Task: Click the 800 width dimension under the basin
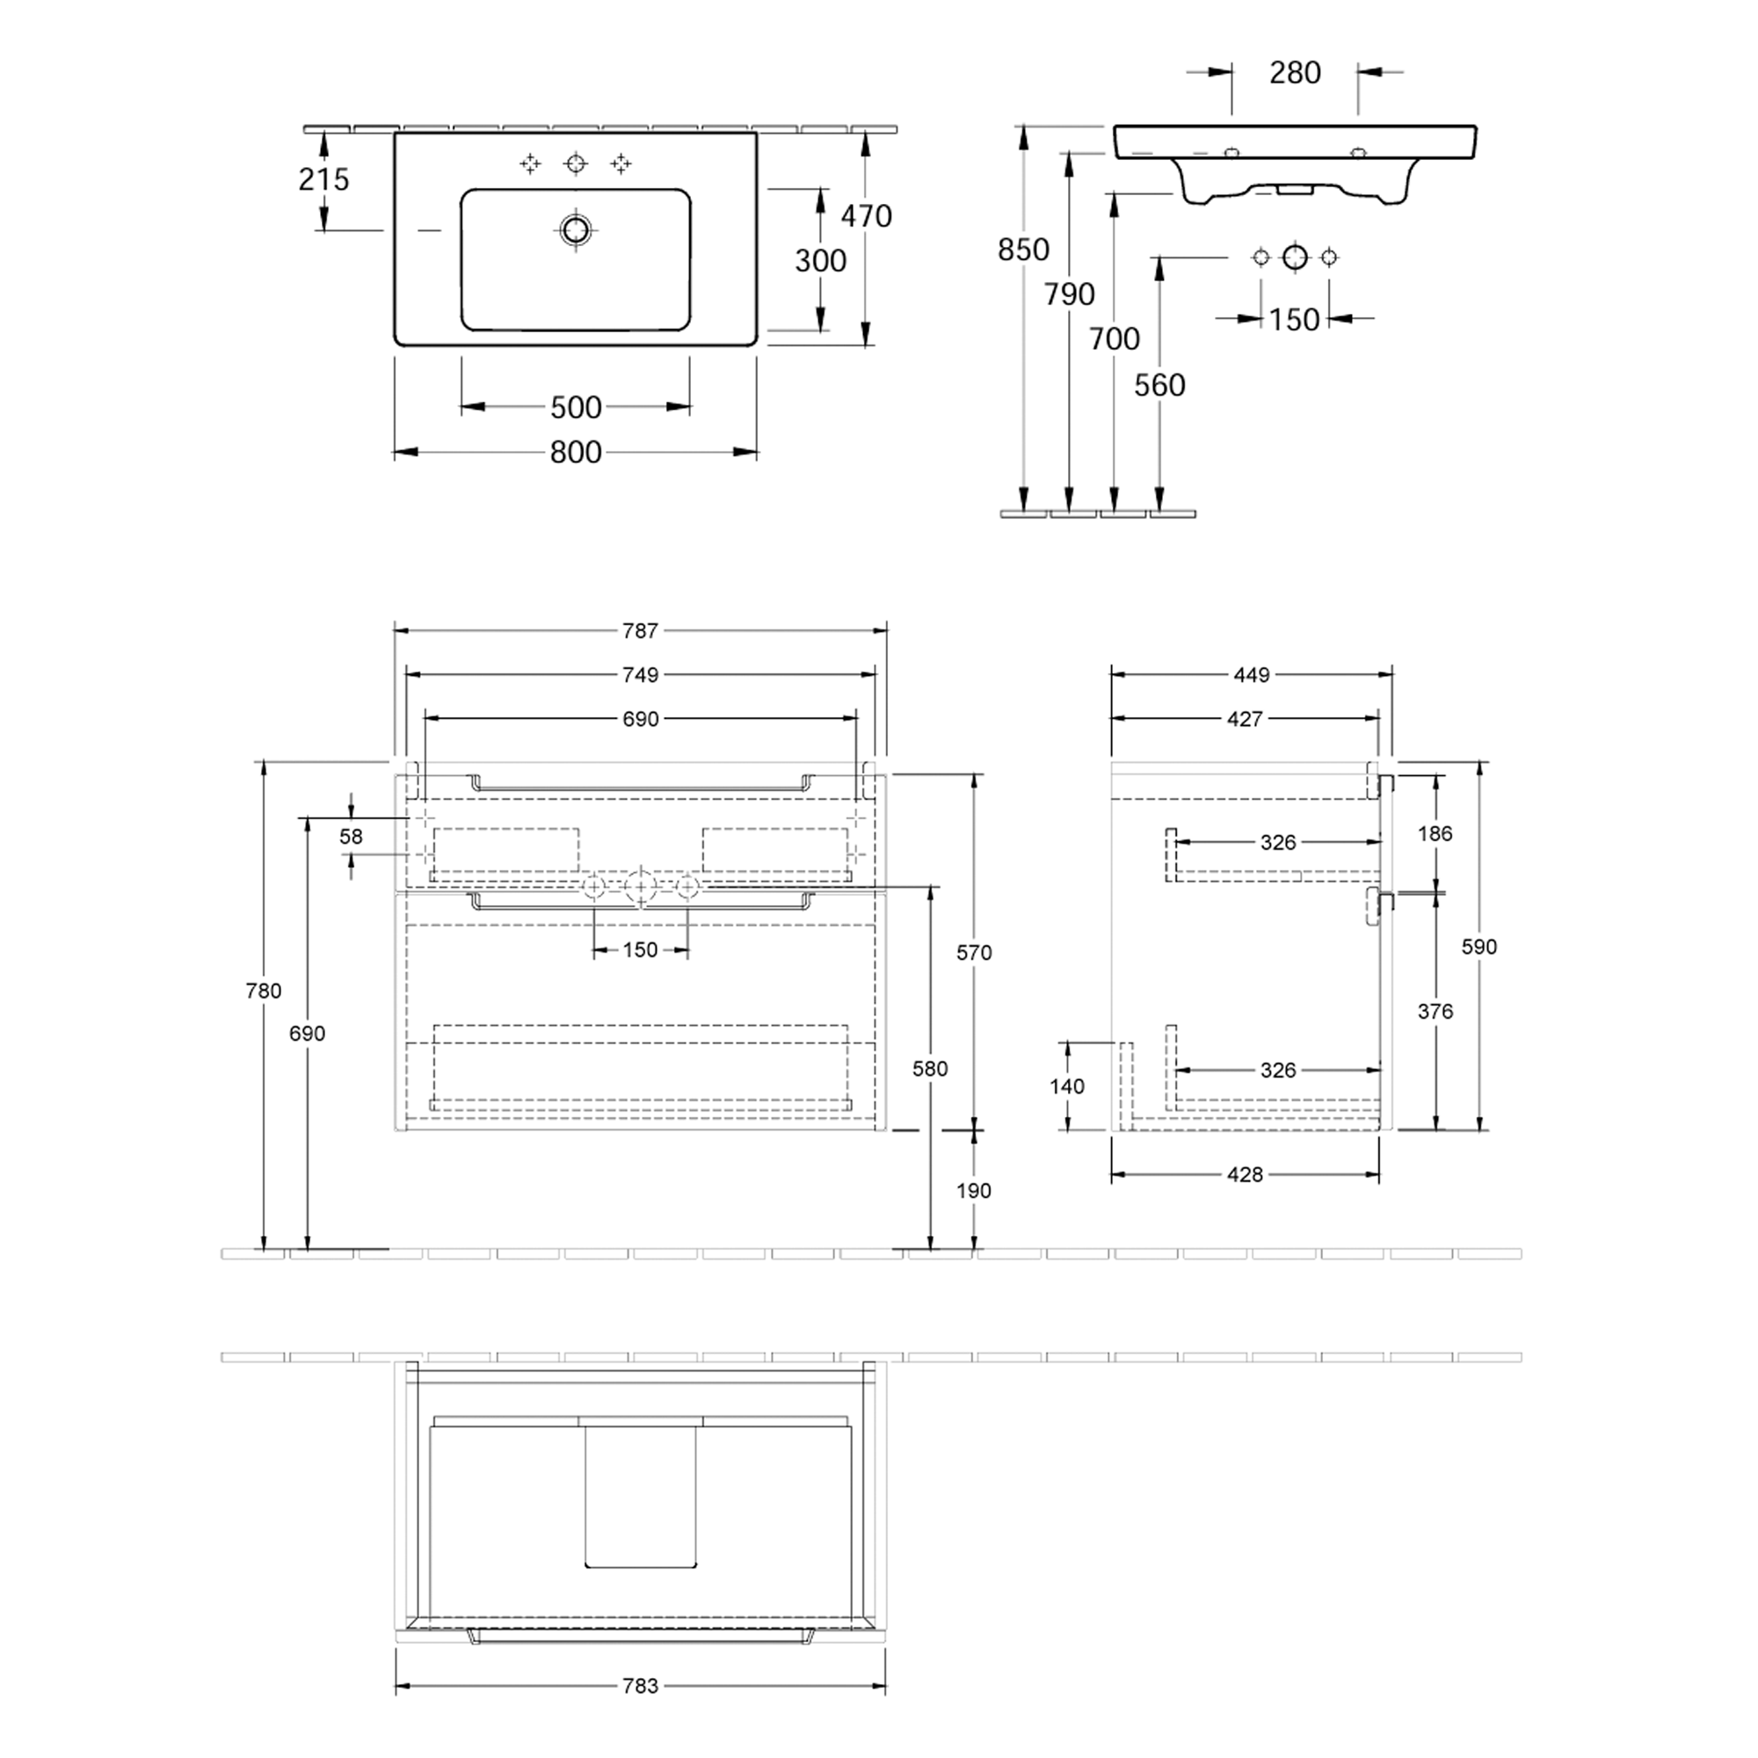575,452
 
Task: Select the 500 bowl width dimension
575,407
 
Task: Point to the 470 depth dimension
865,216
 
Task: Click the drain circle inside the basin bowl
575,229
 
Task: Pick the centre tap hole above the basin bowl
575,163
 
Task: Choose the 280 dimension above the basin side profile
1294,73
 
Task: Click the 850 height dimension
1023,250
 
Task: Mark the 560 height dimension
1159,385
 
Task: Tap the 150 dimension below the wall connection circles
1293,319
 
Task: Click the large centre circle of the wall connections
1294,258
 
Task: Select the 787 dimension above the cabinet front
640,630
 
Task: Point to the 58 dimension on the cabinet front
351,836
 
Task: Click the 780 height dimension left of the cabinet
263,991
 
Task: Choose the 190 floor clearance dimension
973,1190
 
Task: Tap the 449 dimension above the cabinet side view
1251,675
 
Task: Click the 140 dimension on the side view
1066,1086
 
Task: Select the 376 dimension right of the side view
1435,1011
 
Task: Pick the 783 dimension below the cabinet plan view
640,1686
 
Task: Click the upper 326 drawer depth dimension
1277,843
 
